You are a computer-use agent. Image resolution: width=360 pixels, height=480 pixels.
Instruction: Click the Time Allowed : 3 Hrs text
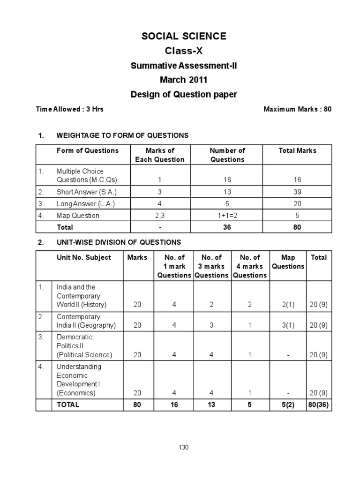[70, 109]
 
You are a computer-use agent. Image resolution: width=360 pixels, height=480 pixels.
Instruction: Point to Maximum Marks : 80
[297, 109]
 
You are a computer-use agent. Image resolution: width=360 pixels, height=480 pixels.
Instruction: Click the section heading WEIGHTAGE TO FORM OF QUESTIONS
[122, 135]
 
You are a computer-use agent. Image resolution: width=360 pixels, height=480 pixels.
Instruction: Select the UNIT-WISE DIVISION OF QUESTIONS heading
[118, 242]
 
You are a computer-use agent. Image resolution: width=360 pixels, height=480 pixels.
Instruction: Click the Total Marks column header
[297, 150]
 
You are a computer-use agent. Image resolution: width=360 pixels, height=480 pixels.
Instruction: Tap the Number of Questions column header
[227, 155]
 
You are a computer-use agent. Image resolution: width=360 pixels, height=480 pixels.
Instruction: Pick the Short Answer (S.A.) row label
[87, 192]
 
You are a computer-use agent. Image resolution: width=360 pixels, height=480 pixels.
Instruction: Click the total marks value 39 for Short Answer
[297, 192]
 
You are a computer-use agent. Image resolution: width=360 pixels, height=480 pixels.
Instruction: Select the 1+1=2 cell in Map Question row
[227, 216]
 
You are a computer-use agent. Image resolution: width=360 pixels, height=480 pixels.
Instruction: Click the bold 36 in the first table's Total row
[227, 227]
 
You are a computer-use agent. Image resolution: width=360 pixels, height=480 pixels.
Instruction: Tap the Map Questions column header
[288, 262]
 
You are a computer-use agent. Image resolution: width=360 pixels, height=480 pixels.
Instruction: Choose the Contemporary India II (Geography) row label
[86, 321]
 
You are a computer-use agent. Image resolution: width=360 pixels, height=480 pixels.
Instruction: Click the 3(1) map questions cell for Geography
[288, 325]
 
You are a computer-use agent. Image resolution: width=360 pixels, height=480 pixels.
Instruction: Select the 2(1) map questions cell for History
[288, 305]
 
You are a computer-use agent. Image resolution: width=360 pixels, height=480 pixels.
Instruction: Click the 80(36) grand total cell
[319, 405]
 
